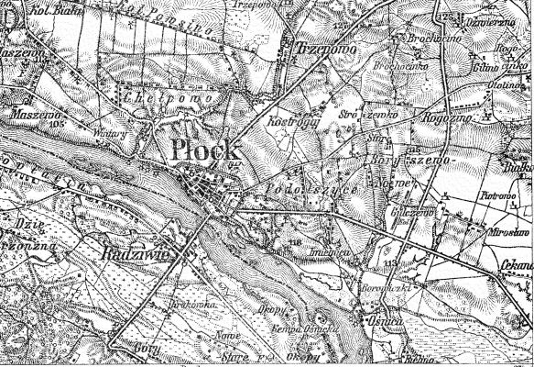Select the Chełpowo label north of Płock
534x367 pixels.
pos(185,96)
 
